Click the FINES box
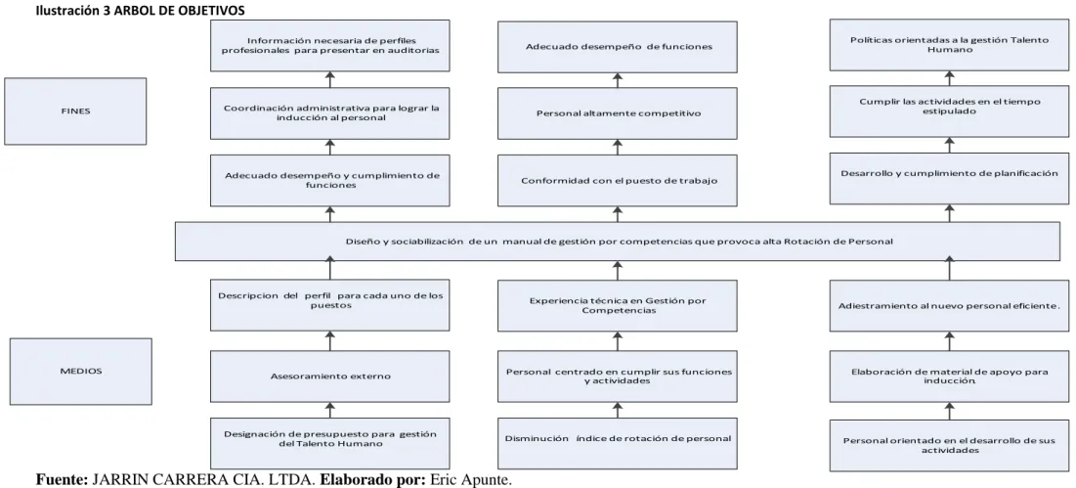coord(75,111)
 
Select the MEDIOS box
coord(81,372)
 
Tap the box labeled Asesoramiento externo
coord(330,377)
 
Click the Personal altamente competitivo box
coord(618,113)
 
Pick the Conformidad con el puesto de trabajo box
coord(618,181)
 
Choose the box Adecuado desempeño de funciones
coord(618,47)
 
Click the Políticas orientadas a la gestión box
coord(949,45)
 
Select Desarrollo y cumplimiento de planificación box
coord(949,178)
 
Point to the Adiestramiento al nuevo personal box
coord(949,306)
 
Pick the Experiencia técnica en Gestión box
coord(618,306)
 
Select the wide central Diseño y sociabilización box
coord(618,242)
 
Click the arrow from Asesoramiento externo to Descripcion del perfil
coord(330,341)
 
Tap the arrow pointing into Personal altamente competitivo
coord(618,147)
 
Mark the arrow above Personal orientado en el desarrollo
coord(950,411)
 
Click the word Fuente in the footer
coord(62,480)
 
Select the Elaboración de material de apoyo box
coord(949,377)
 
